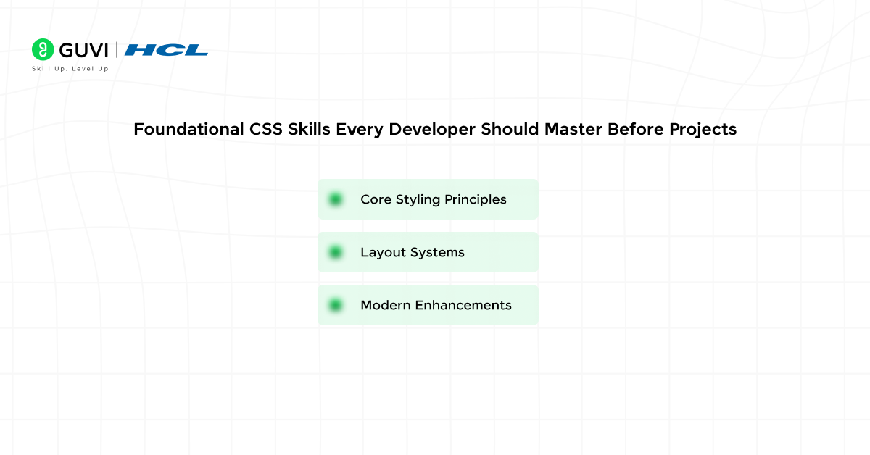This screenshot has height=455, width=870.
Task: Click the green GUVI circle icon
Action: click(43, 49)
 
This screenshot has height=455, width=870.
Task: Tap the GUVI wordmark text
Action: click(83, 50)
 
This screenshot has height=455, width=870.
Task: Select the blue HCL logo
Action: click(166, 50)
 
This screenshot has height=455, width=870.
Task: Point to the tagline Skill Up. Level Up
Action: click(70, 69)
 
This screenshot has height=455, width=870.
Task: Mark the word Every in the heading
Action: click(360, 130)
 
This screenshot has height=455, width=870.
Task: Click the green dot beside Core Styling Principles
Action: click(335, 199)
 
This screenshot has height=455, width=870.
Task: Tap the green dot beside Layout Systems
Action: click(335, 252)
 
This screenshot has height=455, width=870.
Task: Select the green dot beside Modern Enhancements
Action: click(335, 305)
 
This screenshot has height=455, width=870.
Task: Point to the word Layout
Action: click(381, 252)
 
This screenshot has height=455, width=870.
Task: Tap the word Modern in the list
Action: click(385, 305)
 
